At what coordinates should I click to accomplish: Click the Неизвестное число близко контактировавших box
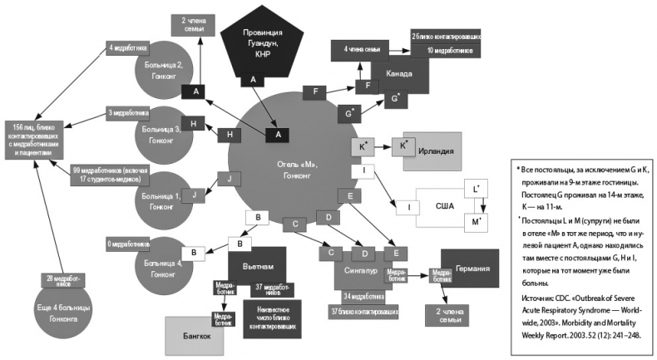273,317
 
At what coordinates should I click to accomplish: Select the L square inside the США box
476,190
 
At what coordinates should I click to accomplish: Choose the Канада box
398,75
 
